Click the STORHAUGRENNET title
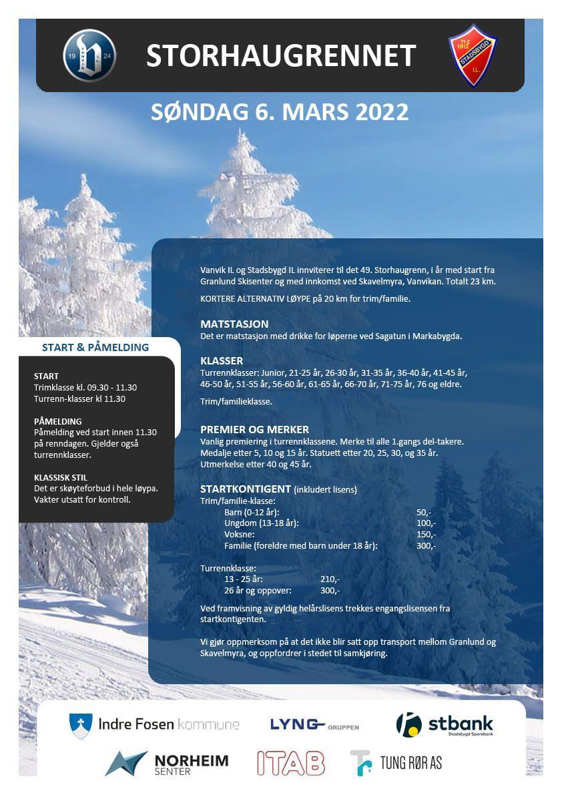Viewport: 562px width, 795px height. tap(280, 56)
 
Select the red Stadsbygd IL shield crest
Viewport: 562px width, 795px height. tap(473, 55)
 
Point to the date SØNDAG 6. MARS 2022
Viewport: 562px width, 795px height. tap(280, 111)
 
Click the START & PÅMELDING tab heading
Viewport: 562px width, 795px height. tap(95, 348)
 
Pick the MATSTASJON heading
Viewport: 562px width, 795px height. tap(234, 324)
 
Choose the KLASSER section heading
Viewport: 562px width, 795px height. tap(222, 361)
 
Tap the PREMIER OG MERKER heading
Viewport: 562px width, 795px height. tap(254, 430)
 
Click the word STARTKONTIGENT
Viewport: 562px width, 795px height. tap(245, 489)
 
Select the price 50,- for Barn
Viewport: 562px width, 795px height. tap(424, 512)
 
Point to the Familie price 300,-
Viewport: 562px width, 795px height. tap(425, 546)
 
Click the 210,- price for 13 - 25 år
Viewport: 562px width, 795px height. tap(330, 579)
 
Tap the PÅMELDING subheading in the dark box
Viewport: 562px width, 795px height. tap(58, 421)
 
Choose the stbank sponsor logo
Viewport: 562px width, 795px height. tap(445, 724)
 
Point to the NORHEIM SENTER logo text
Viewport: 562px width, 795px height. tap(191, 764)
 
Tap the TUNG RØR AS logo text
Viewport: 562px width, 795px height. tap(410, 762)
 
